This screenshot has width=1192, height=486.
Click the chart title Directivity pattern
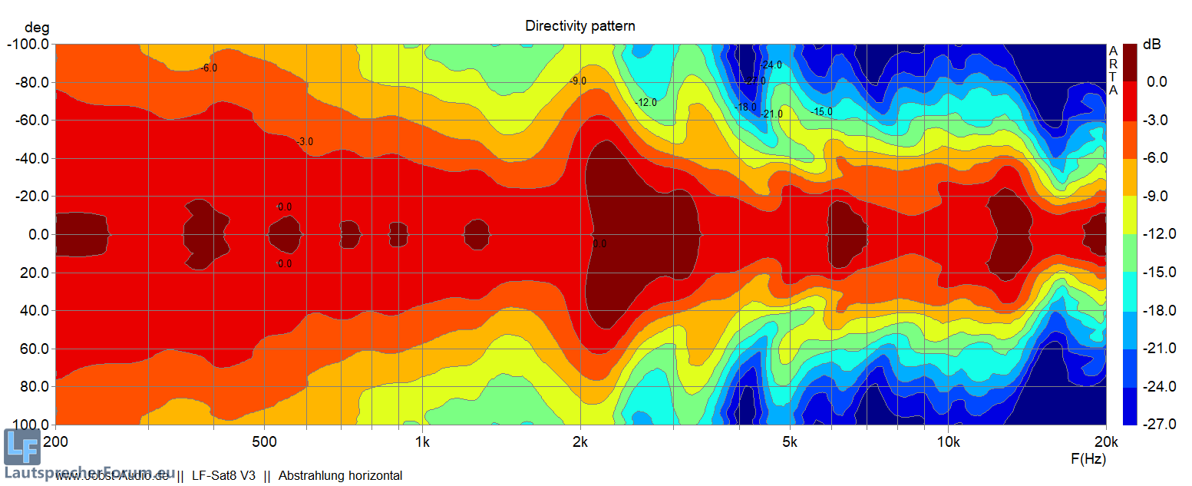click(x=579, y=26)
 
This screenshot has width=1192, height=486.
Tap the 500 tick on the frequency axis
click(x=264, y=443)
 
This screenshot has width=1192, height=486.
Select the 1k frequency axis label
click(x=422, y=443)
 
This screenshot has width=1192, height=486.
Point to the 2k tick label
click(x=580, y=443)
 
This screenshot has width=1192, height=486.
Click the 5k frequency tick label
click(x=790, y=443)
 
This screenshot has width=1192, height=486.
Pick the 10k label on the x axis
click(x=948, y=443)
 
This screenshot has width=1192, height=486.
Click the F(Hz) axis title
click(x=1088, y=459)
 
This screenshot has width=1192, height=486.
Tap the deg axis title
click(x=35, y=28)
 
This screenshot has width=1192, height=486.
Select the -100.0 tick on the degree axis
click(x=28, y=45)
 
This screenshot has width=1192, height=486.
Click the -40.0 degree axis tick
click(x=31, y=159)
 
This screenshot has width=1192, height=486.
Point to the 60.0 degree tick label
click(x=34, y=349)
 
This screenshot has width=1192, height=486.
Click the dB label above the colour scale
click(x=1152, y=45)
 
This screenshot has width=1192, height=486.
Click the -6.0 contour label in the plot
click(x=208, y=68)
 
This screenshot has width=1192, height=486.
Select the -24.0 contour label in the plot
click(x=771, y=65)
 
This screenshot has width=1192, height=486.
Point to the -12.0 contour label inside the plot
click(x=646, y=103)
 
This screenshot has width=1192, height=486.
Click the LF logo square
click(x=21, y=447)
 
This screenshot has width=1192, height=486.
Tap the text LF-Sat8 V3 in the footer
click(x=223, y=476)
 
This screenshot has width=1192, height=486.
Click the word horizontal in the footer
click(x=374, y=476)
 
